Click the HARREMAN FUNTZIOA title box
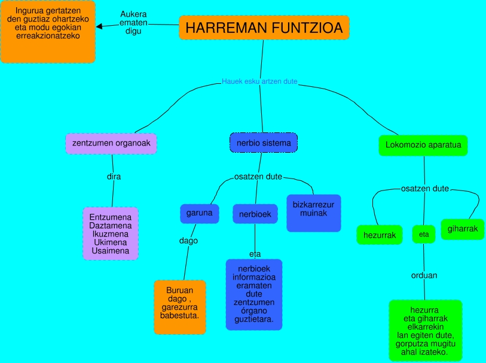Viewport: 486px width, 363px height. (264, 28)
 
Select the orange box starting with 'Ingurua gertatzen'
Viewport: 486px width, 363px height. (48, 32)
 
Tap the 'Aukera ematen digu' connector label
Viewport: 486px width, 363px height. (133, 23)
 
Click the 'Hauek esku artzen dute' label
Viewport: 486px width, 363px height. (259, 81)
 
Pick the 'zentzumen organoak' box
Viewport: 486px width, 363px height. (111, 144)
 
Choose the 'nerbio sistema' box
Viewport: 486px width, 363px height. (264, 143)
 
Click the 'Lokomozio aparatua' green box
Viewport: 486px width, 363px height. (423, 145)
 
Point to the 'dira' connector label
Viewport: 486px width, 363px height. (114, 177)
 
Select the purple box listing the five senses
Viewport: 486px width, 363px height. (111, 234)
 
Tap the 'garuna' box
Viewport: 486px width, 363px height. (200, 213)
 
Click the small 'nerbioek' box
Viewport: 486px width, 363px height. (255, 214)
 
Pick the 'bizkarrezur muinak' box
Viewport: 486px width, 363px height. (313, 213)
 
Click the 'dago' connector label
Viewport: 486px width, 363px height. (188, 241)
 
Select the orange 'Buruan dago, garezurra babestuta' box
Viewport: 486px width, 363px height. (180, 307)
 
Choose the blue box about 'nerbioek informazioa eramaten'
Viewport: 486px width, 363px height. (254, 294)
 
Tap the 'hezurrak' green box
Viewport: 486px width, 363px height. (380, 235)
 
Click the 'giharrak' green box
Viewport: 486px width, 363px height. (463, 229)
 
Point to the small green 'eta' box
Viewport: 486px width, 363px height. (424, 234)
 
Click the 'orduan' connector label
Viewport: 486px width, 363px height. (424, 276)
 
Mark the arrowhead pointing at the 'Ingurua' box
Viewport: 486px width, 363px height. (100, 26)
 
